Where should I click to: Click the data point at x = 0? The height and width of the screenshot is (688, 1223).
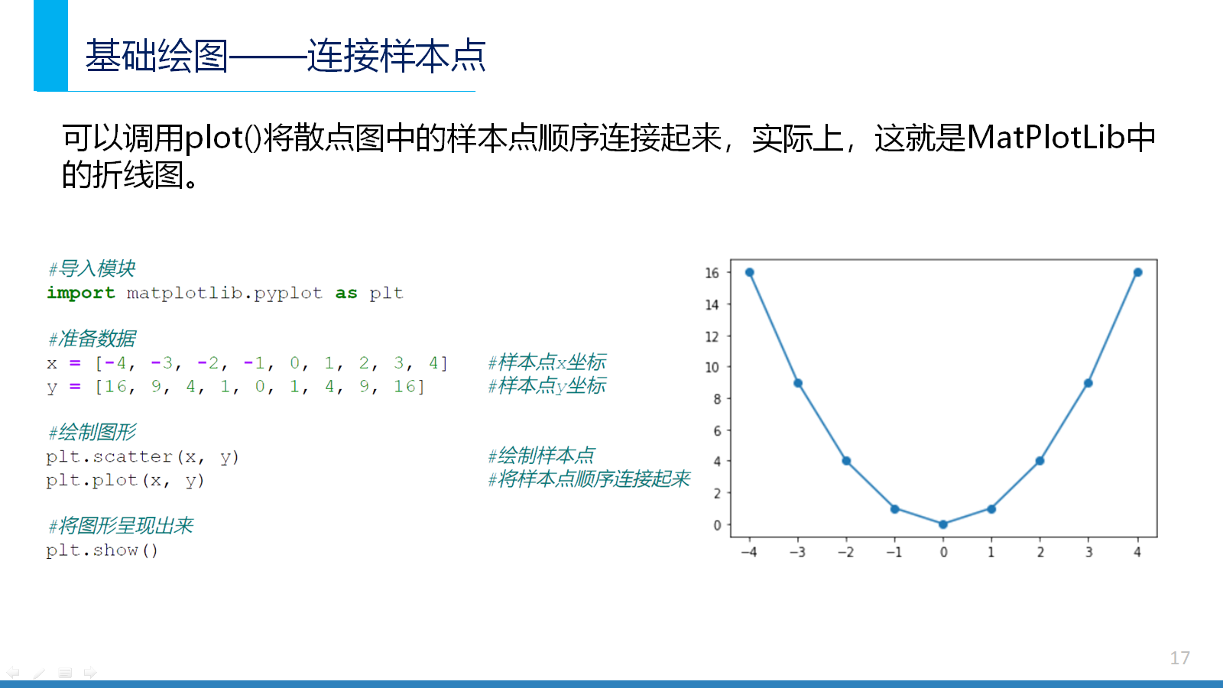(943, 524)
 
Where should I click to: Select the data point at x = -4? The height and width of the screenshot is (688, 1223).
(750, 272)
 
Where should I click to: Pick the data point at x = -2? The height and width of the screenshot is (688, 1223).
(846, 461)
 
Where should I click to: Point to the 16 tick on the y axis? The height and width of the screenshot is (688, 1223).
(712, 272)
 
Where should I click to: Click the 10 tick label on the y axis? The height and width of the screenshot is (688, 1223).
(712, 367)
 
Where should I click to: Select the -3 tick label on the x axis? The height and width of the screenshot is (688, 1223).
(797, 552)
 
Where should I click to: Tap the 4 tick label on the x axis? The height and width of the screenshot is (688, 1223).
(1137, 552)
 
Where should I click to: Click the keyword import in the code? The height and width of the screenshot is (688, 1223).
(81, 293)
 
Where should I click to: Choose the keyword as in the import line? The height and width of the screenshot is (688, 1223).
(346, 294)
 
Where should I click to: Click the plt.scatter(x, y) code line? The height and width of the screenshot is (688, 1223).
(142, 456)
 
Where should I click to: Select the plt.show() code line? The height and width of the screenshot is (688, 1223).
(102, 550)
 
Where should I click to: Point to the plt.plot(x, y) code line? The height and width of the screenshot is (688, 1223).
(125, 480)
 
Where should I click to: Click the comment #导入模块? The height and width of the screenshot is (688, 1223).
(92, 268)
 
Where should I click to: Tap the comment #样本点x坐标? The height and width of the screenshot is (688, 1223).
(547, 362)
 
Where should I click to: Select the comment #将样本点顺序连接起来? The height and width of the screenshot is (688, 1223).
(589, 479)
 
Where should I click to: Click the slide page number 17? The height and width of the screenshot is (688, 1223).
(1180, 658)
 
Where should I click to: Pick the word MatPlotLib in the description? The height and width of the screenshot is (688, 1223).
(1045, 137)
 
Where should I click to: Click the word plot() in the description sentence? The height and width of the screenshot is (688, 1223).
(224, 138)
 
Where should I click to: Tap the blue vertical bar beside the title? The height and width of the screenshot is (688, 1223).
(50, 45)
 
